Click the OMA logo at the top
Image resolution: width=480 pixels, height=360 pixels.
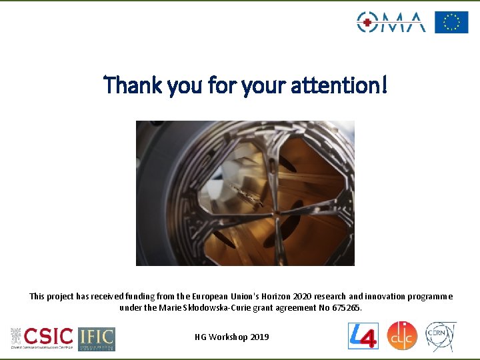pos(391,22)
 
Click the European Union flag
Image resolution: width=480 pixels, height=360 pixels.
pos(451,22)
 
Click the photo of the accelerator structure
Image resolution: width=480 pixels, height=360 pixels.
pos(245,193)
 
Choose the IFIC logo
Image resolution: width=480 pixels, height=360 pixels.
pos(97,339)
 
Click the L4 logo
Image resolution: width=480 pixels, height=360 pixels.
pos(363,336)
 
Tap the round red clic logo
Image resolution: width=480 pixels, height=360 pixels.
pos(402,335)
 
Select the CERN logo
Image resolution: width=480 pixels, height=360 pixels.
pos(441,336)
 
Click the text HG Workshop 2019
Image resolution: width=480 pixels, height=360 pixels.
pos(231,337)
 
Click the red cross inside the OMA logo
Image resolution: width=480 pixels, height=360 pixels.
pos(364,22)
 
